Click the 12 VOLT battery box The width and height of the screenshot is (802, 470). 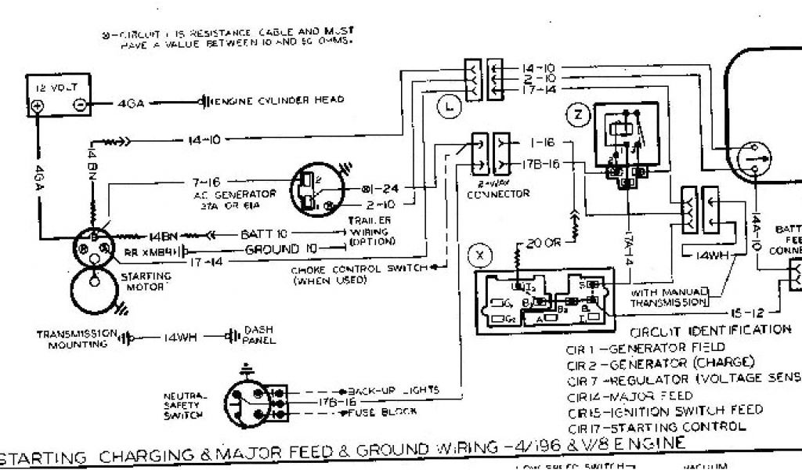[x=59, y=96]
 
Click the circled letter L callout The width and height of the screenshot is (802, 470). [x=448, y=108]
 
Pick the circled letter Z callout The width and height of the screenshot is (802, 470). [x=579, y=115]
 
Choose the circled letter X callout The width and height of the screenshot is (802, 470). [x=480, y=255]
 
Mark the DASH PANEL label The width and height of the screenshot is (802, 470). [x=258, y=336]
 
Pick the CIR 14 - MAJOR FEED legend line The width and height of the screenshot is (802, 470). [x=630, y=396]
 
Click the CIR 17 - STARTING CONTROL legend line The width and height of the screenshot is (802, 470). [x=655, y=428]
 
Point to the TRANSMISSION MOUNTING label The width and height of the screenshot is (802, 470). [x=77, y=338]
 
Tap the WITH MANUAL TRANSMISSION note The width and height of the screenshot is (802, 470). [x=669, y=296]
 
